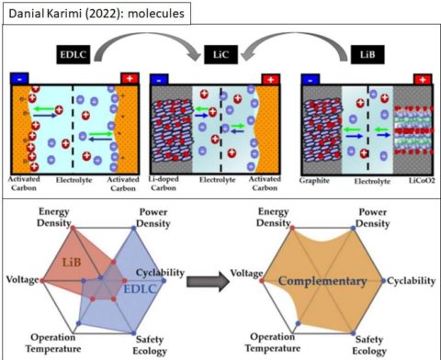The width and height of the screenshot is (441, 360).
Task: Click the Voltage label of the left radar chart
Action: click(22, 278)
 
